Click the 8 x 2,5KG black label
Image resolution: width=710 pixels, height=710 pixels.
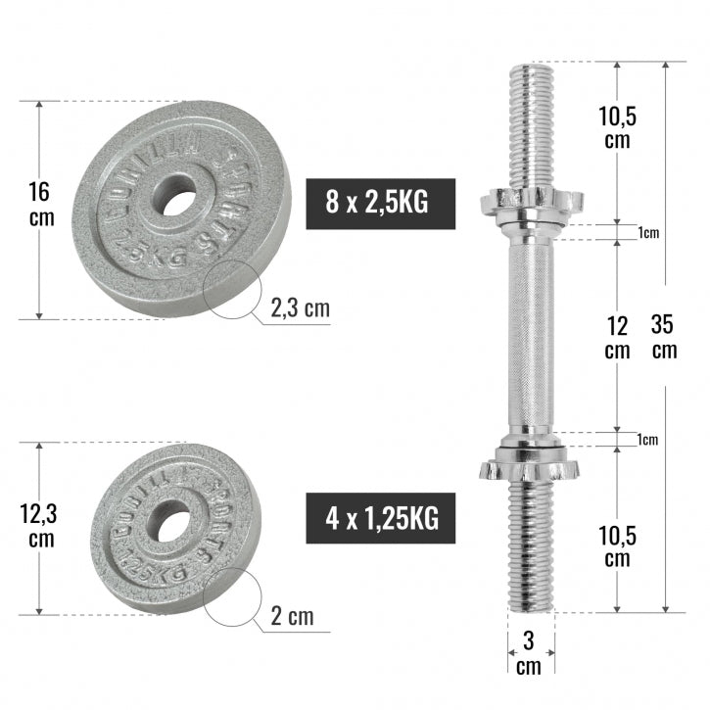[381, 204]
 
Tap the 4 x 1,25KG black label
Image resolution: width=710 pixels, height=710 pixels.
[381, 519]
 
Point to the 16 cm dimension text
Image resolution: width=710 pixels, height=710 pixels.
[41, 204]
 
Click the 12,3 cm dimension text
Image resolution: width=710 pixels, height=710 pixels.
[40, 525]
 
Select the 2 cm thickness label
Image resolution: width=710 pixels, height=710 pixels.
[292, 616]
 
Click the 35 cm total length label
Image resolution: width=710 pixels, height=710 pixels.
[663, 335]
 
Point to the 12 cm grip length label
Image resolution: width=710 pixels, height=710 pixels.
[616, 335]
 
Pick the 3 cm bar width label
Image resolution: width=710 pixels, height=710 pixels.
[529, 653]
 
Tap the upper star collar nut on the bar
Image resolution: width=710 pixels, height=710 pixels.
[529, 203]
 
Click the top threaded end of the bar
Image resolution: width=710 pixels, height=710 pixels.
[530, 122]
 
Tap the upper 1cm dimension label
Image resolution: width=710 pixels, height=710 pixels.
[647, 232]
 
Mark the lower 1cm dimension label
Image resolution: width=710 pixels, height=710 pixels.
[647, 440]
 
